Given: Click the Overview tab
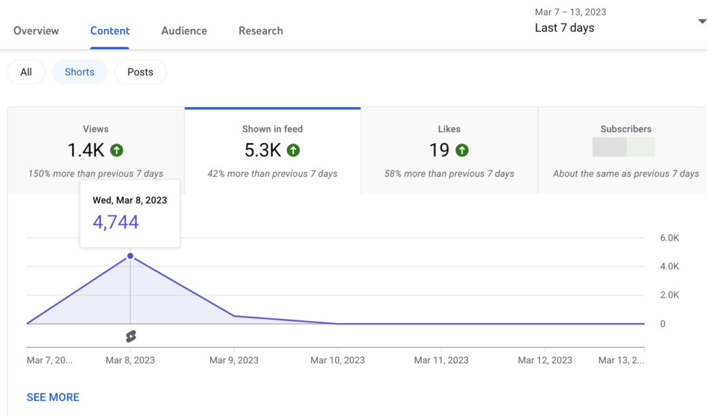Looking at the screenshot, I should [x=36, y=31].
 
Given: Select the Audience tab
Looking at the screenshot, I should [x=184, y=31].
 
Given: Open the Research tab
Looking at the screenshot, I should [x=261, y=31].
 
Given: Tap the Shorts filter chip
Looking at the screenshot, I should [x=80, y=72].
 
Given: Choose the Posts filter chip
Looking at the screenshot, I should [x=140, y=72].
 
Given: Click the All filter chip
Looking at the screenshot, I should [x=26, y=72].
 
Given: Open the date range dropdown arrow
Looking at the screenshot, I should [x=702, y=21].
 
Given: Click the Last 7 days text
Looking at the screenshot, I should [x=564, y=28].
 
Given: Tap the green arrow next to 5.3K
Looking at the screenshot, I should [x=293, y=150].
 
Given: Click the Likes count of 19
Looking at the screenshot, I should [x=438, y=150].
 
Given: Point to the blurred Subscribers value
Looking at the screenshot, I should [x=624, y=147].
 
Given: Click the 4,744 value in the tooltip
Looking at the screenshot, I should [x=116, y=222].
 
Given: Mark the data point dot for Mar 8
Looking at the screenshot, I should [x=130, y=256].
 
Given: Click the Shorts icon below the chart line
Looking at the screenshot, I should [x=130, y=336].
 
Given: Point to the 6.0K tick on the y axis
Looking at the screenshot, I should [x=670, y=237].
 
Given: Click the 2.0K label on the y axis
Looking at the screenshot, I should [x=670, y=295].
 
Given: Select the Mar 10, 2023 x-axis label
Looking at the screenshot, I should [x=337, y=360].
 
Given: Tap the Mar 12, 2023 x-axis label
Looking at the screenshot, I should [x=545, y=360].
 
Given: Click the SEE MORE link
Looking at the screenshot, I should [x=53, y=397].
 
